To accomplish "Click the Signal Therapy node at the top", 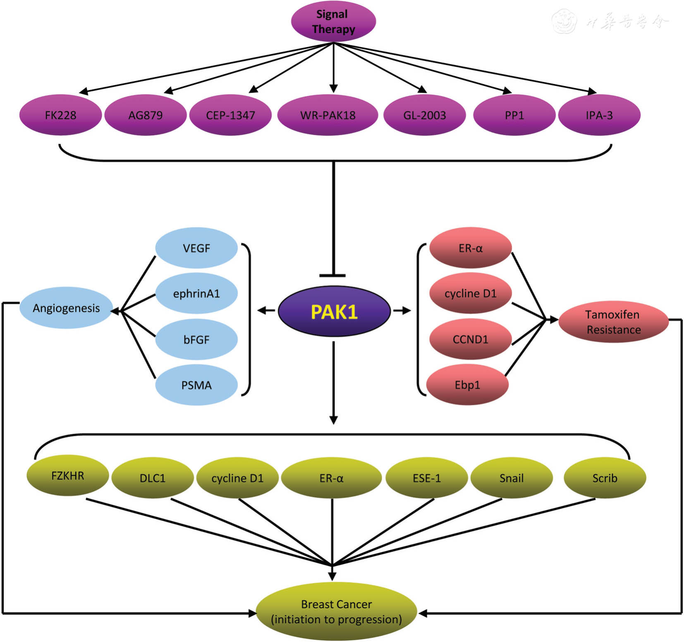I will click(333, 21).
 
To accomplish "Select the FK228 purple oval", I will click(60, 115).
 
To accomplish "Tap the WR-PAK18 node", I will click(328, 115).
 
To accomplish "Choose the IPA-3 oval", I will click(599, 115).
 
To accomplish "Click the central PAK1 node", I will click(334, 311).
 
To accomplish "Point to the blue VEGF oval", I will click(196, 248).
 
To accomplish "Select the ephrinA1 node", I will click(196, 293).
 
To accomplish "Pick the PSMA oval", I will click(196, 385).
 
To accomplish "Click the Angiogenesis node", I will click(66, 308).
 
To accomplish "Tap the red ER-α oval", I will click(470, 248).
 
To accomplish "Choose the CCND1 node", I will click(470, 339).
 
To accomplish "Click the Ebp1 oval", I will click(467, 385).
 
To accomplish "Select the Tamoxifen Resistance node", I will click(613, 322).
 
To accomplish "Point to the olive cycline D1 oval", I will click(237, 478).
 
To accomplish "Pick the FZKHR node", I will click(67, 476).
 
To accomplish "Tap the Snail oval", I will click(512, 478).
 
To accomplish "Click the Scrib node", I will click(605, 478).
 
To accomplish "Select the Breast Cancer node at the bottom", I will click(336, 612).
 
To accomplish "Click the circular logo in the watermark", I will click(564, 21).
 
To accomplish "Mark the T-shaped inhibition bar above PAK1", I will click(333, 275).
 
